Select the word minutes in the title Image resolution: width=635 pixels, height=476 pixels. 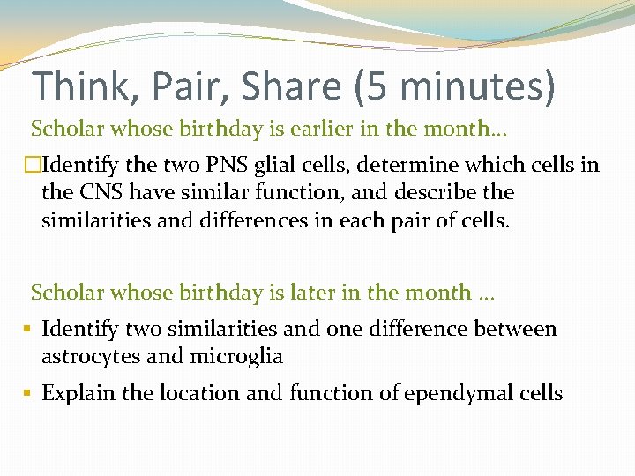pyautogui.click(x=477, y=86)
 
